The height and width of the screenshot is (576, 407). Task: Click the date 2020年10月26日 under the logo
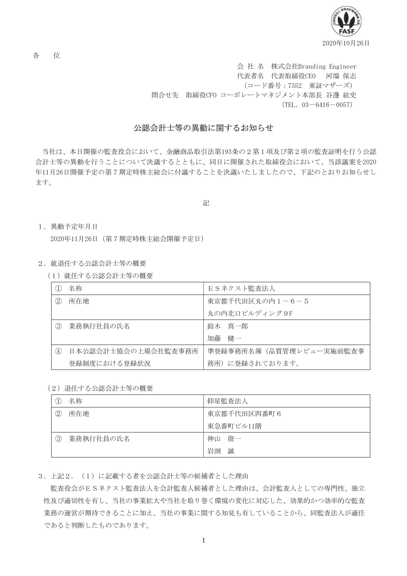click(346, 43)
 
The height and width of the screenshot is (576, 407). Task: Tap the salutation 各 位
click(46, 55)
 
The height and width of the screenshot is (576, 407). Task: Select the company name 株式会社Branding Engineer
click(313, 66)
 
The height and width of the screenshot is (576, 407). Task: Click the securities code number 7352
click(295, 85)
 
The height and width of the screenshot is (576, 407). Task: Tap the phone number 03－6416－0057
click(327, 105)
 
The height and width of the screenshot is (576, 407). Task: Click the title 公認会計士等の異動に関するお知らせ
click(203, 128)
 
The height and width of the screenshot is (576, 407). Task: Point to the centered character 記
click(206, 203)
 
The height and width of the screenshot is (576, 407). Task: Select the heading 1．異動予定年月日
click(68, 227)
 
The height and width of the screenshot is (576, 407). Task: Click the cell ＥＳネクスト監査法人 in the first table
click(241, 288)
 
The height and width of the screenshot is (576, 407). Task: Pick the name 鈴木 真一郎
click(228, 326)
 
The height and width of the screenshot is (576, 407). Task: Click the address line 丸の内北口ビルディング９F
click(250, 313)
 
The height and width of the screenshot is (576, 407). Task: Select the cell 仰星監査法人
click(228, 401)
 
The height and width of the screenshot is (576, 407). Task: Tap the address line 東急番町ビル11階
click(235, 426)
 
